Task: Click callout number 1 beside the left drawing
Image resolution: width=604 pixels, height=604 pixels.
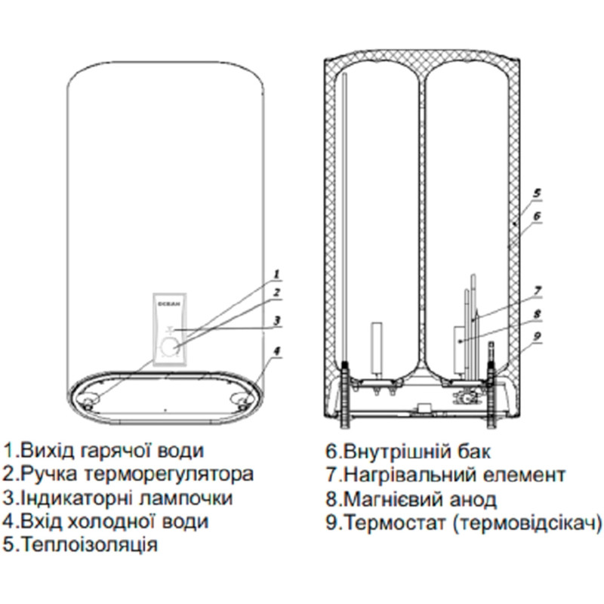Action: click(277, 273)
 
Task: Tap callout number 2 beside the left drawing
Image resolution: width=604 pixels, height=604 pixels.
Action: click(277, 292)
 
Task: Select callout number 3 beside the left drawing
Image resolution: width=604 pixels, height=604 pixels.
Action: click(277, 320)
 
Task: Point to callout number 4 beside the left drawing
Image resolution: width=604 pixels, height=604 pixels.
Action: click(277, 351)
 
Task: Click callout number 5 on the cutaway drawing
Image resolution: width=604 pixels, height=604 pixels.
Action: click(536, 193)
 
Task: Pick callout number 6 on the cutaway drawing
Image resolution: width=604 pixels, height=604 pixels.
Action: click(536, 215)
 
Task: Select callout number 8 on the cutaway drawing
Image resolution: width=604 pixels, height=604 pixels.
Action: click(536, 313)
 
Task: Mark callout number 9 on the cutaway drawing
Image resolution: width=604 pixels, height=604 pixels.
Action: click(536, 337)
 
